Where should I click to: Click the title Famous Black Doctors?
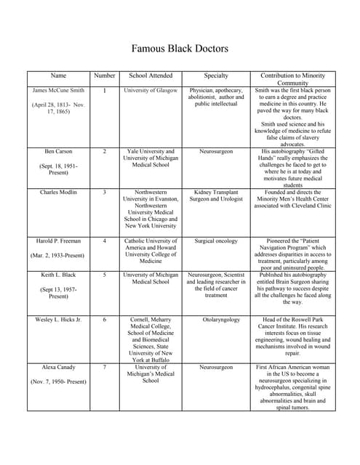pos(180,49)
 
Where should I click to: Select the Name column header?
pos(58,76)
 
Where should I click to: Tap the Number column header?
pos(104,76)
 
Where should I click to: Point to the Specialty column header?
pos(216,76)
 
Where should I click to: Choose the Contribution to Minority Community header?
pos(293,79)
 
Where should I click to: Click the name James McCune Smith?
pos(58,91)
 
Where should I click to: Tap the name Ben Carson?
pos(58,152)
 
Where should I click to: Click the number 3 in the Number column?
pos(104,193)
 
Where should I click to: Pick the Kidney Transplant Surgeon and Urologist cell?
pos(216,196)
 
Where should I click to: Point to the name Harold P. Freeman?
pos(58,240)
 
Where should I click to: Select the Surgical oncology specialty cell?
pos(216,240)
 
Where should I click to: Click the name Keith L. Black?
pos(58,275)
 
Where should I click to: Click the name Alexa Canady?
pos(58,368)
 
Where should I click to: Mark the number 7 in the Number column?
pos(104,368)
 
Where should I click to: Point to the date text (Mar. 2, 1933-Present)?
pos(58,256)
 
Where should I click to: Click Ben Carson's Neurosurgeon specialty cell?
pos(216,152)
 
